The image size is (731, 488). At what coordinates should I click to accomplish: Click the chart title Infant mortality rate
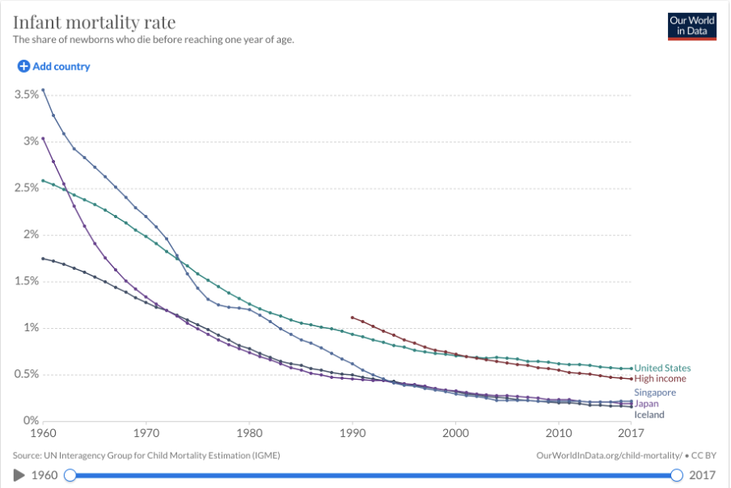click(x=94, y=21)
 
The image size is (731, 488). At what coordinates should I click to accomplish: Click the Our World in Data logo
click(x=691, y=26)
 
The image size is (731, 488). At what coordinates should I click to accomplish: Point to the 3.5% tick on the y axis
click(x=27, y=95)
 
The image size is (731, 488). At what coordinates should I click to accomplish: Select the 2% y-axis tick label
click(x=30, y=234)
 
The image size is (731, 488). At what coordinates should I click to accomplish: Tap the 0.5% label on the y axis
click(x=27, y=374)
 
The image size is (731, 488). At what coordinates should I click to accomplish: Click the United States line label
click(x=662, y=368)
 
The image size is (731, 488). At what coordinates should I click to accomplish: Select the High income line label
click(x=660, y=379)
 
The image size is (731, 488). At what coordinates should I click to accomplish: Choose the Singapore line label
click(x=655, y=393)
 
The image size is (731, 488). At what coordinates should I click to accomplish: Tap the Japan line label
click(x=646, y=403)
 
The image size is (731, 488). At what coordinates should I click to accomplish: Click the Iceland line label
click(x=649, y=414)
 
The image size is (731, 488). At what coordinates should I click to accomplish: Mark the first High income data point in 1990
click(x=352, y=318)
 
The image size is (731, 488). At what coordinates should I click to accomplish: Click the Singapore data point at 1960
click(x=43, y=90)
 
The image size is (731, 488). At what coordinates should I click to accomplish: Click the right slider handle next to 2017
click(x=677, y=475)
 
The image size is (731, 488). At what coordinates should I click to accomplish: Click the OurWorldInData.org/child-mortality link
click(x=609, y=456)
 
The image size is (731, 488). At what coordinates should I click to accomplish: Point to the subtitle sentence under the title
click(x=153, y=40)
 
